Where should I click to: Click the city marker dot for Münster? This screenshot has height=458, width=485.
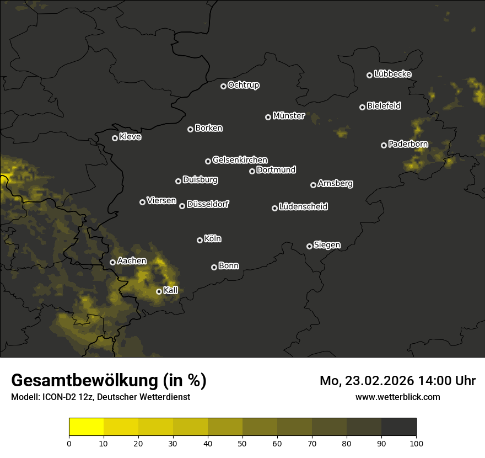268,117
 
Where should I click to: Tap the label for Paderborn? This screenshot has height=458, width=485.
408,144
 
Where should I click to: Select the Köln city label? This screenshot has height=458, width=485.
213,239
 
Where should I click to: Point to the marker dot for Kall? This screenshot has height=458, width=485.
159,291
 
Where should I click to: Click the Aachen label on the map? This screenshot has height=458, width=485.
132,261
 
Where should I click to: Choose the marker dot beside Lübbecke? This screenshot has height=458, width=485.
369,75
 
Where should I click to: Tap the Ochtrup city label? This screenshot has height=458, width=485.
243,85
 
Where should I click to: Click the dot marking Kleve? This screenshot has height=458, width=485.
115,138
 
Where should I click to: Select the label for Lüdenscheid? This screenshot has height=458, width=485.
303,207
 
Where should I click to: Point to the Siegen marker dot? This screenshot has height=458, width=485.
309,246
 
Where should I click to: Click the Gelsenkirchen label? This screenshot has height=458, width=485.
240,160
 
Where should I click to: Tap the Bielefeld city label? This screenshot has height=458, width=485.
384,106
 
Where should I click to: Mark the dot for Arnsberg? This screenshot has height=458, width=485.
313,185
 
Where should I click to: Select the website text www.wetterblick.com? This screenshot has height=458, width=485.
398,397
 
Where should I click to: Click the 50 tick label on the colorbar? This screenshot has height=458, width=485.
242,443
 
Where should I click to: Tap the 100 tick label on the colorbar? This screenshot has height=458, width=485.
416,443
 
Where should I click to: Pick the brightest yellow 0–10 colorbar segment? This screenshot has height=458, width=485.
87,427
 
